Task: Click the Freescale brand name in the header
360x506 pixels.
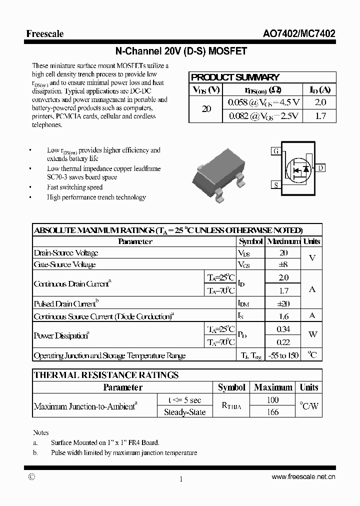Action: point(45,34)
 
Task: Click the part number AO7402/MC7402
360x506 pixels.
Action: point(299,34)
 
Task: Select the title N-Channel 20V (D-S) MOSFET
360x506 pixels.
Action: point(181,51)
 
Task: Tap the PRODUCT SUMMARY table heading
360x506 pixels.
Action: point(235,77)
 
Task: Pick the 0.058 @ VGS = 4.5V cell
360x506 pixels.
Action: point(263,102)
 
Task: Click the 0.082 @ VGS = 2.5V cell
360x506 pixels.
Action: point(263,116)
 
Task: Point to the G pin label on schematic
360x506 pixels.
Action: point(275,151)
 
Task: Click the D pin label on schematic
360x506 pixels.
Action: point(320,168)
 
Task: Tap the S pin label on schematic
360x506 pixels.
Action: point(275,185)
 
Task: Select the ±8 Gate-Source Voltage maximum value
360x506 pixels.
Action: point(283,264)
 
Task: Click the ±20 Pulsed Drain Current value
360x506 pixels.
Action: point(283,303)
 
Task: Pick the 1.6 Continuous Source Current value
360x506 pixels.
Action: point(283,316)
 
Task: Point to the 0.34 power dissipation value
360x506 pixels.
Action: point(283,329)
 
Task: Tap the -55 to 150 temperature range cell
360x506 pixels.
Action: point(283,355)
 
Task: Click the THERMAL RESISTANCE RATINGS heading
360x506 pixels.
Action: point(106,375)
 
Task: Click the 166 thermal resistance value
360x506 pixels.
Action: point(272,412)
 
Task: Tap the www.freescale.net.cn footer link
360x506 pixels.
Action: point(303,477)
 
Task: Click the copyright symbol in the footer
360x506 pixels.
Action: point(31,477)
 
